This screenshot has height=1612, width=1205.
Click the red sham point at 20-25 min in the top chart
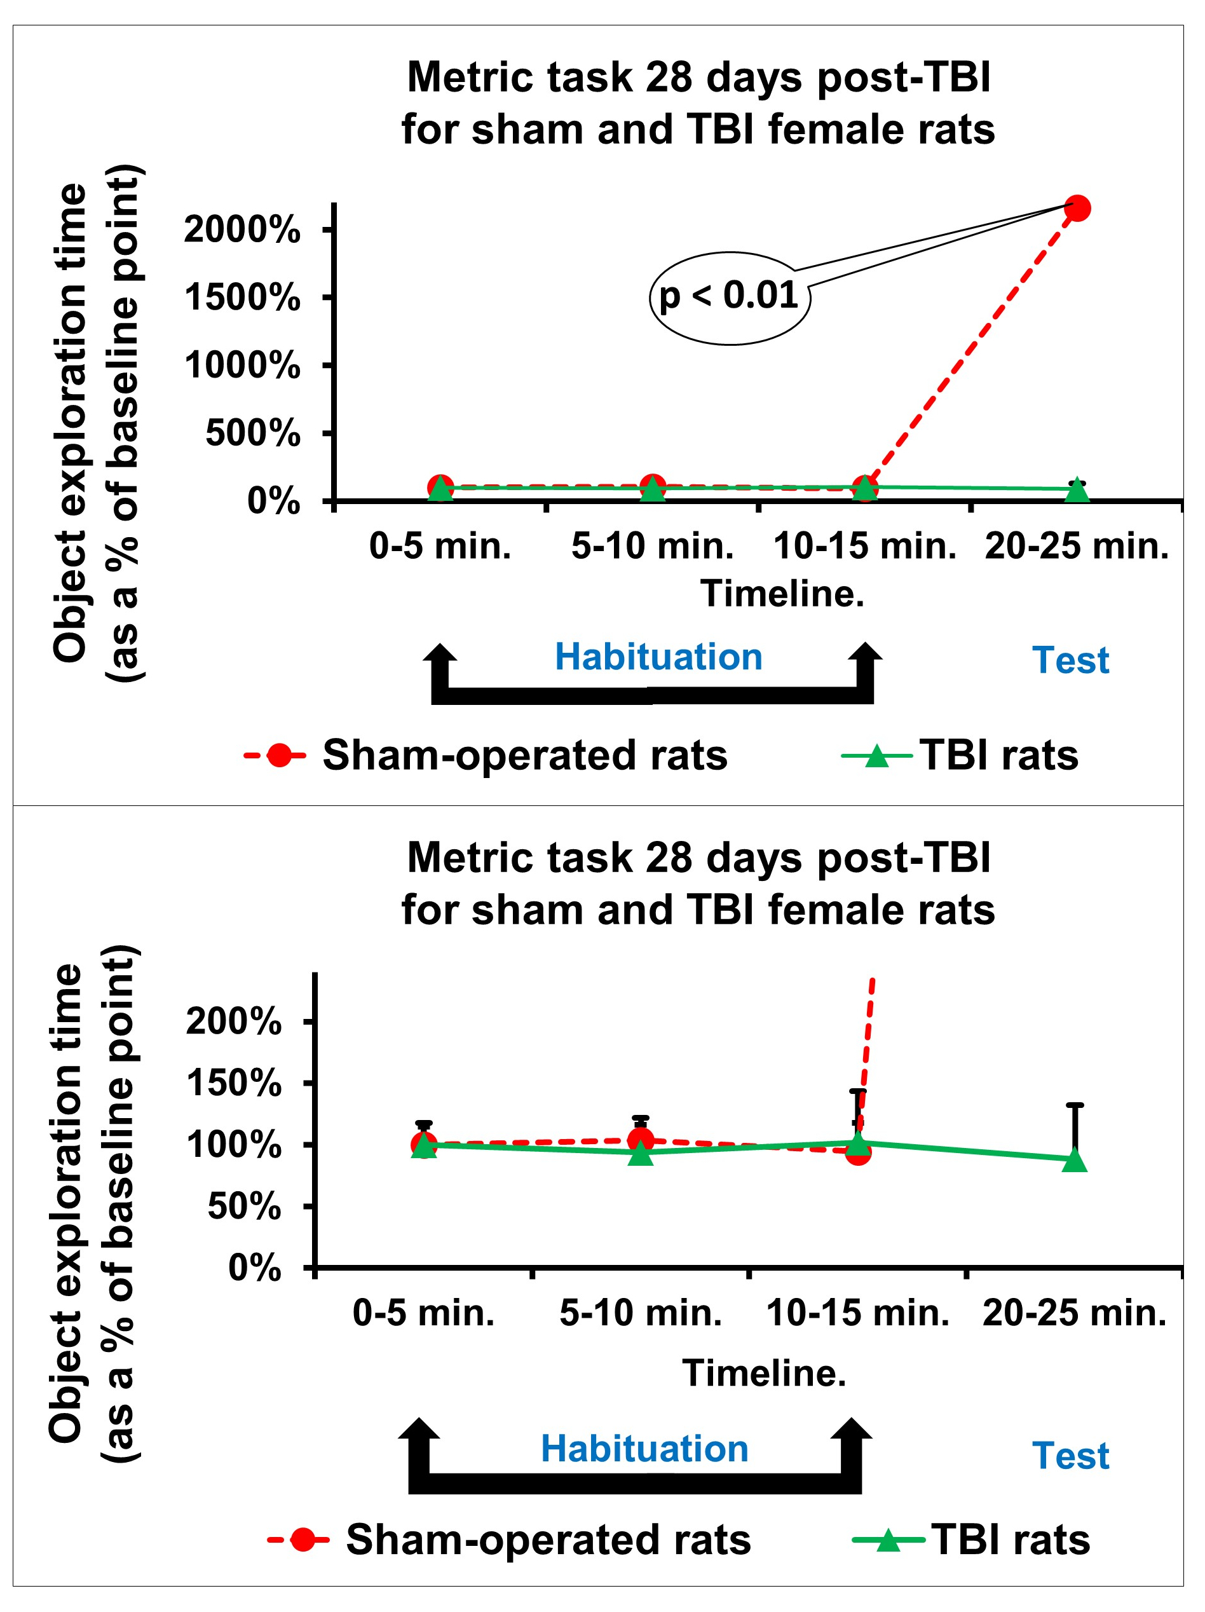1077,208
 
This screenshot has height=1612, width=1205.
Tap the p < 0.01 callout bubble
728,297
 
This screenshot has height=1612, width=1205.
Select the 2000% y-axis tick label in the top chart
242,230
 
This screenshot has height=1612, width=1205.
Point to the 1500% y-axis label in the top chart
242,297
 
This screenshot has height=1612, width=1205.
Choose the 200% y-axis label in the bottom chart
233,1021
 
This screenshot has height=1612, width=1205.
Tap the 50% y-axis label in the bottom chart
244,1207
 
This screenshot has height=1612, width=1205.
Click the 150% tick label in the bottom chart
233,1084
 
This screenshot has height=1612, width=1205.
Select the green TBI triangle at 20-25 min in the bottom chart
1075,1161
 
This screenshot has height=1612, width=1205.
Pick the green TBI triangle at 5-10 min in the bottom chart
641,1154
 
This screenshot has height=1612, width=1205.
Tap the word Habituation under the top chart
658,657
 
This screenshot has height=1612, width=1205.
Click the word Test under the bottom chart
1070,1456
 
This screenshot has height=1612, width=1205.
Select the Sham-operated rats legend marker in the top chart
278,755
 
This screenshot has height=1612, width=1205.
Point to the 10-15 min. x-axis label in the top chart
865,546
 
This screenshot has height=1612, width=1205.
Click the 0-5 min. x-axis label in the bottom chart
423,1313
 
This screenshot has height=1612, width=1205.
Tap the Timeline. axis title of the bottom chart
763,1373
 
